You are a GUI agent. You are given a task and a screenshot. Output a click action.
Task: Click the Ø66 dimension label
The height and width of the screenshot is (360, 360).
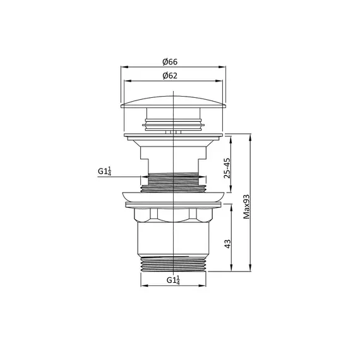tap(170, 62)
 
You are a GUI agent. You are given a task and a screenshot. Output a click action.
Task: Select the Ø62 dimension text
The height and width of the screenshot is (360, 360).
tap(170, 76)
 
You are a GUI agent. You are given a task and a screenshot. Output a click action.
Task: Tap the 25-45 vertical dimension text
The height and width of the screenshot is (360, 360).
tap(227, 168)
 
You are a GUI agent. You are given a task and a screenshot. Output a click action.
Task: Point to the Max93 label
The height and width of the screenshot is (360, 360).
tap(246, 207)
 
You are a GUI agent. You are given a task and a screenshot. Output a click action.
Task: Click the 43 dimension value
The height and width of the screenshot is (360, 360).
tap(227, 244)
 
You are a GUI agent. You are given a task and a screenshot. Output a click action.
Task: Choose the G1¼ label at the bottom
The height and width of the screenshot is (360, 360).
tap(173, 280)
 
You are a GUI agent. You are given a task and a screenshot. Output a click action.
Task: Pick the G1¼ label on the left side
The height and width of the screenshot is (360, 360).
tap(104, 171)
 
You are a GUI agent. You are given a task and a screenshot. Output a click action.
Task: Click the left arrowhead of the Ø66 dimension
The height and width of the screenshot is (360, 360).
tap(124, 67)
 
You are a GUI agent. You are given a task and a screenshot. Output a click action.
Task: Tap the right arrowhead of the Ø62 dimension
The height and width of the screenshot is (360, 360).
tap(219, 81)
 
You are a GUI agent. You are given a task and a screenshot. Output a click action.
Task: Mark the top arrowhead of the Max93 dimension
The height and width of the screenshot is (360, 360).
tap(250, 136)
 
